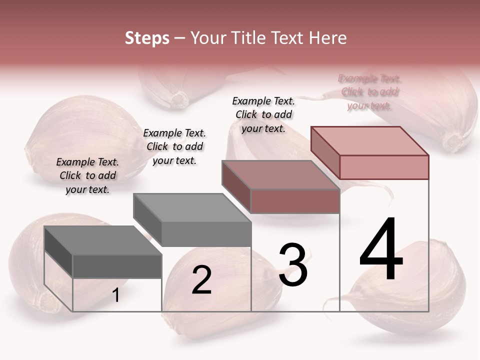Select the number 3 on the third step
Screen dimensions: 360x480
pyautogui.click(x=292, y=265)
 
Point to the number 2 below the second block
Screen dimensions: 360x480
pyautogui.click(x=201, y=280)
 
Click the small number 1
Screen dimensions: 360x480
pyautogui.click(x=116, y=295)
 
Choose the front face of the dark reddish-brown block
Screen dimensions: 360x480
pyautogui.click(x=295, y=201)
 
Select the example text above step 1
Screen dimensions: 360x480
pyautogui.click(x=87, y=175)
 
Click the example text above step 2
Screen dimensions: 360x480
pyautogui.click(x=174, y=146)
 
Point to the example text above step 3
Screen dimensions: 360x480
pyautogui.click(x=263, y=114)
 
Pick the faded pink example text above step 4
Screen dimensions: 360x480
pyautogui.click(x=369, y=92)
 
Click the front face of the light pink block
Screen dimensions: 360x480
pyautogui.click(x=384, y=167)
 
